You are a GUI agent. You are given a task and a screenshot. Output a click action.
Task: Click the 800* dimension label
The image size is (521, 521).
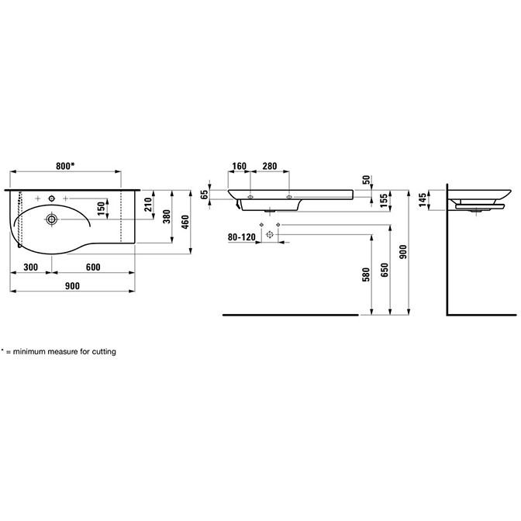(65, 166)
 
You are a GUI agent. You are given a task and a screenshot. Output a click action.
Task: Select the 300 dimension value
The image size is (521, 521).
(30, 267)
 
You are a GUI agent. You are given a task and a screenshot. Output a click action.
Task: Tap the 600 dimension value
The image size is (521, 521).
(93, 267)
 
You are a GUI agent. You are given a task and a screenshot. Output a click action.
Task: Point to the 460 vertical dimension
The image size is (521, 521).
(185, 222)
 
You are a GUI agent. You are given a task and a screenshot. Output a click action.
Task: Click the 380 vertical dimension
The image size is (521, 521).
(167, 216)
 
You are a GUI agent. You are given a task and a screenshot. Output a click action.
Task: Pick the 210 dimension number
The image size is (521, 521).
(148, 205)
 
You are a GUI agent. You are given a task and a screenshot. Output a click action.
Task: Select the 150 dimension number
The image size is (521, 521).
(102, 209)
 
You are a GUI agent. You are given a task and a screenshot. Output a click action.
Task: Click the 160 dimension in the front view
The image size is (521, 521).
(240, 166)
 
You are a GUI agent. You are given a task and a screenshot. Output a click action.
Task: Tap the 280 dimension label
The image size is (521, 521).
(270, 166)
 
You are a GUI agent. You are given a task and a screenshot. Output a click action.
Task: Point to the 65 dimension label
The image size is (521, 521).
(205, 195)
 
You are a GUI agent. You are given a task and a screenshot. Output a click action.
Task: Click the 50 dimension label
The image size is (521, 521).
(366, 180)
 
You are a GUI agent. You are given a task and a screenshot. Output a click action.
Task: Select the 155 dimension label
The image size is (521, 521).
(384, 201)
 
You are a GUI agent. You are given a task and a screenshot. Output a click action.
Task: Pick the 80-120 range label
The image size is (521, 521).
(242, 237)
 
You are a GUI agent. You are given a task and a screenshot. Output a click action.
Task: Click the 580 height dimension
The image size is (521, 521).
(366, 274)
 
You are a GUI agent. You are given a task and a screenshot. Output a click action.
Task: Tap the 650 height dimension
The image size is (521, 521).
(384, 270)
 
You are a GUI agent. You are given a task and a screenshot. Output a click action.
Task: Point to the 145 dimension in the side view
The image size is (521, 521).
(422, 200)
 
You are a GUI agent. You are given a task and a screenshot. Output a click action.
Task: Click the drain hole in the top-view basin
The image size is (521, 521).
(51, 219)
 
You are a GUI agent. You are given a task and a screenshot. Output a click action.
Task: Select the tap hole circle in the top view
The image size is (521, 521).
(51, 198)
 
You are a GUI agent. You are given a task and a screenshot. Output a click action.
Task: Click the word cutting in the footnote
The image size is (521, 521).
(104, 351)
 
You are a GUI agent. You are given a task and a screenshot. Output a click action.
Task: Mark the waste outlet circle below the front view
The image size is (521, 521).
(270, 235)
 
